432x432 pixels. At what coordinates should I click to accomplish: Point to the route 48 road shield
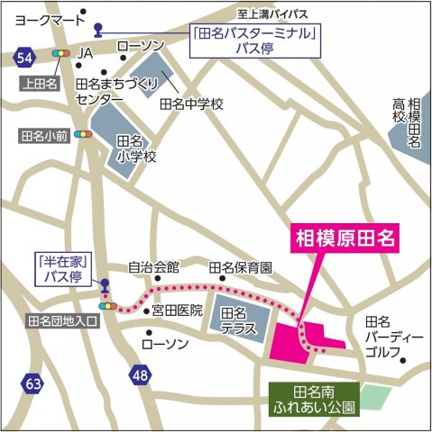click(138, 373)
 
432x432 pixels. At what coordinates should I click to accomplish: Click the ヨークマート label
click(40, 15)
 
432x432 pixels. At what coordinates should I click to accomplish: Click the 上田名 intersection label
click(38, 82)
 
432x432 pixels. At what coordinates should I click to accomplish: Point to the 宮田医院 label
click(178, 310)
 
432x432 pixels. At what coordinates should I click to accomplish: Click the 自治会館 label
click(153, 267)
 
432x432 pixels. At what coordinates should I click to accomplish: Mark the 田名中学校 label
click(192, 103)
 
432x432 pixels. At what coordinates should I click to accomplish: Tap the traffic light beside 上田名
click(62, 54)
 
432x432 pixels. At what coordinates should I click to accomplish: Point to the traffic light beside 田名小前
click(85, 135)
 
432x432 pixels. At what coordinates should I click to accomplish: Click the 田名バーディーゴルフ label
click(393, 337)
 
